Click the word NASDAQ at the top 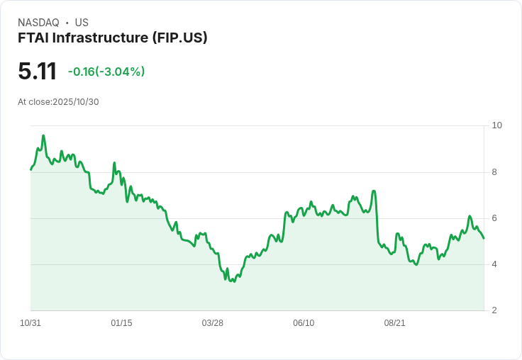[x=38, y=23]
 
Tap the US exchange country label [x=82, y=23]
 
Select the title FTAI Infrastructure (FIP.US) [x=113, y=38]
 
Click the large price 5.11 [x=37, y=72]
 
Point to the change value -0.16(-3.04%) [x=106, y=72]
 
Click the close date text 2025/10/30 [x=76, y=102]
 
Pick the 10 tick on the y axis [x=496, y=125]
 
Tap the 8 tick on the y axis [x=494, y=171]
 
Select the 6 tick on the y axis [x=494, y=218]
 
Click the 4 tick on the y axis [x=494, y=264]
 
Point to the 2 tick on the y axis [x=494, y=310]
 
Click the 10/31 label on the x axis [x=30, y=323]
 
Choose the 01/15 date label [x=121, y=323]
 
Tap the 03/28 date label [x=212, y=323]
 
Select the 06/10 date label [x=304, y=323]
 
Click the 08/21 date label [x=394, y=323]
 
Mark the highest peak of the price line [x=43, y=135]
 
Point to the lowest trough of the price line [x=234, y=281]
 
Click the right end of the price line [x=484, y=238]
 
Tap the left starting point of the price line [x=30, y=170]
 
